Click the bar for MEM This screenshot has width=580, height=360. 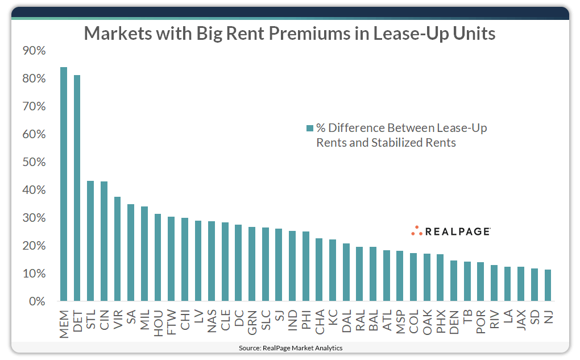coord(64,184)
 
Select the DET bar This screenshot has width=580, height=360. coord(77,188)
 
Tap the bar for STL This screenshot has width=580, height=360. coord(90,241)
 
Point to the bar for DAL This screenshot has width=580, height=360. coord(346,272)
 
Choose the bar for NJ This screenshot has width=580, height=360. coord(548,285)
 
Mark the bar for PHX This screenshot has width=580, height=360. coord(440,278)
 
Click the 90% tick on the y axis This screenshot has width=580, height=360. coord(34,51)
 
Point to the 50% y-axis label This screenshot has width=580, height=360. coord(34,162)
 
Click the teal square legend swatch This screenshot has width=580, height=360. coord(309,129)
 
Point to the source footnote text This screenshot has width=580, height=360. coord(290,347)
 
